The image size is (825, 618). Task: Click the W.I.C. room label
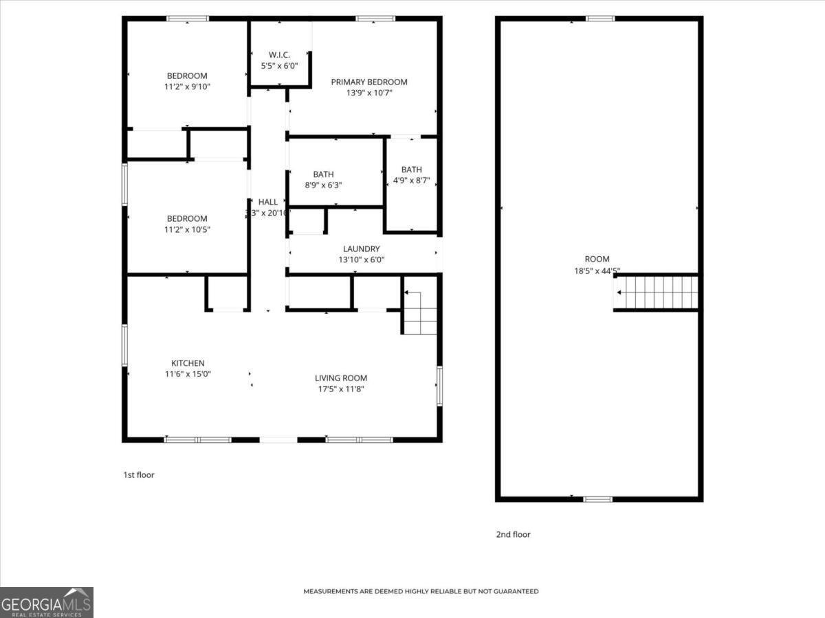coord(279,54)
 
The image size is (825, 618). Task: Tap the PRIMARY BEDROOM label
coord(369,82)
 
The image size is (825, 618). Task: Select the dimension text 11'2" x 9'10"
coord(186,87)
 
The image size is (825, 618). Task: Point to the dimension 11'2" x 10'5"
coord(186,229)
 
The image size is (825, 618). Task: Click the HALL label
coord(268,202)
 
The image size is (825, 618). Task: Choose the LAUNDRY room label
coord(361,249)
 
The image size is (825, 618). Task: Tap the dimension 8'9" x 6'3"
coord(323,185)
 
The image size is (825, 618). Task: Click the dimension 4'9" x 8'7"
coord(412,180)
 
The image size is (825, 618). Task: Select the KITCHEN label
coord(188,363)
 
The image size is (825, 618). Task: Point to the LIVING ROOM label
coord(341,378)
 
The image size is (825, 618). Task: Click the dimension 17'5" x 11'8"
coord(341,389)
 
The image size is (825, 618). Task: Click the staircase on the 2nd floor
coord(657,293)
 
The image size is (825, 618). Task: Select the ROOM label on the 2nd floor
coord(597,259)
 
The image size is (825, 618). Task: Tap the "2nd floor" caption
coord(513,534)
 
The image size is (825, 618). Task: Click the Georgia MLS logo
coord(47,602)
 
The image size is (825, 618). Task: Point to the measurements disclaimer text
coord(421,591)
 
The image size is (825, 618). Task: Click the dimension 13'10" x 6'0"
coord(361,260)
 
